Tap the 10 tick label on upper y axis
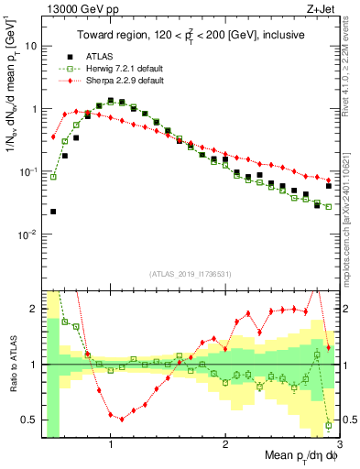click(x=30, y=45)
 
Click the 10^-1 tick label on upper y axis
click(x=27, y=171)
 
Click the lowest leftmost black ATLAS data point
click(x=53, y=212)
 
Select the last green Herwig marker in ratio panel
click(x=328, y=425)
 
